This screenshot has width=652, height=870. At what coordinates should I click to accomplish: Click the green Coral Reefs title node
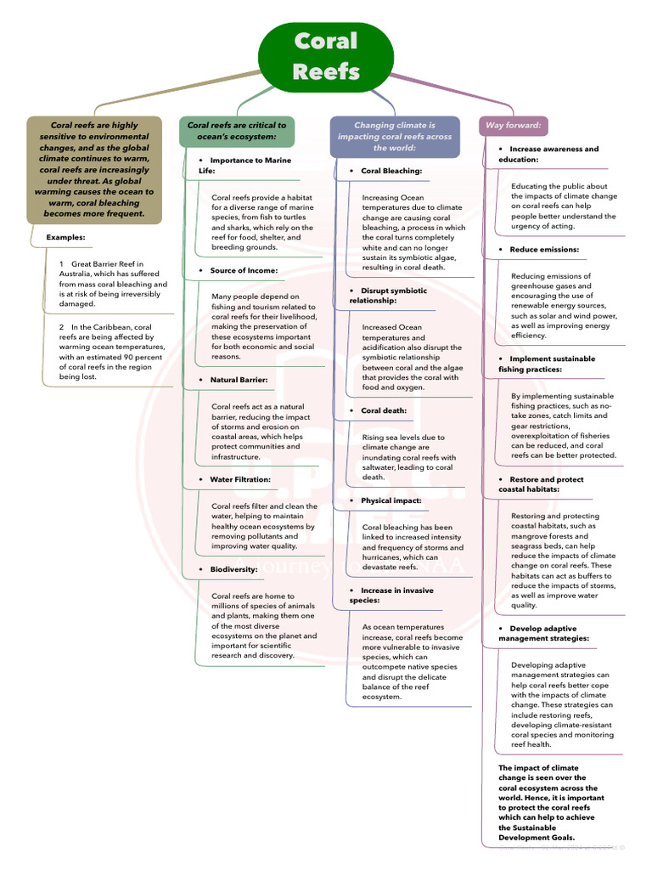click(325, 56)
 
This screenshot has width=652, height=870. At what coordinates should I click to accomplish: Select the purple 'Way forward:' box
click(513, 126)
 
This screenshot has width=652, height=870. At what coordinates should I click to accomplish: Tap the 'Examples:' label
click(65, 237)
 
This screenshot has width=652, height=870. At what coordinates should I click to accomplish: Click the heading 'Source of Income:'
click(244, 270)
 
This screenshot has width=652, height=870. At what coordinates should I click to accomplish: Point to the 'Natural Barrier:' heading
click(239, 380)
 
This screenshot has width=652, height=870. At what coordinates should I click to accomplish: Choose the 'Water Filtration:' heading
click(240, 479)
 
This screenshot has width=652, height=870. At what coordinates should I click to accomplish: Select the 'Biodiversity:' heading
click(233, 569)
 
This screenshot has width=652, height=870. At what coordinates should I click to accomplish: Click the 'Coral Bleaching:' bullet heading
click(391, 171)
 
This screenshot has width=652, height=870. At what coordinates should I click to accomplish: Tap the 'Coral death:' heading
click(383, 410)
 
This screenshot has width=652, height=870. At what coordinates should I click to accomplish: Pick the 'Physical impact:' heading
click(391, 500)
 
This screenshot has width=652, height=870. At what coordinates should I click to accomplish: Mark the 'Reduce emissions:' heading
click(544, 250)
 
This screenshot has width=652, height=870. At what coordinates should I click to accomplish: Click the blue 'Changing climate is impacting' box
click(394, 136)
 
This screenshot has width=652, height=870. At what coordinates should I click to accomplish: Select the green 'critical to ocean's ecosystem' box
click(237, 130)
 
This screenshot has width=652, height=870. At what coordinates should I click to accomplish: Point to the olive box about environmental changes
click(94, 169)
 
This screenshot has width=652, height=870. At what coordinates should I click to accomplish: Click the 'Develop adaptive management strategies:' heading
click(544, 633)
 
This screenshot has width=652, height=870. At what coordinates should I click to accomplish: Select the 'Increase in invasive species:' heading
click(391, 596)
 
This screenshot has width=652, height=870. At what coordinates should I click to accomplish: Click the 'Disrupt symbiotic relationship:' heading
click(388, 295)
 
